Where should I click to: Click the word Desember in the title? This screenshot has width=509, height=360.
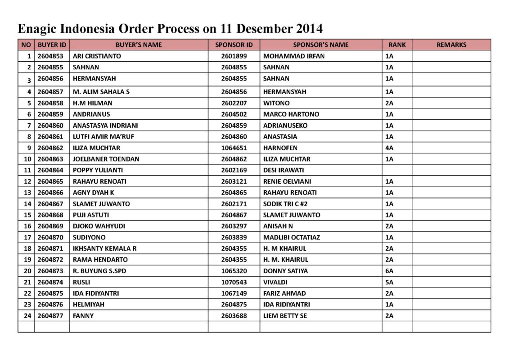[264, 29]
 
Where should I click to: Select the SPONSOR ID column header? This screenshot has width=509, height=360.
[234, 45]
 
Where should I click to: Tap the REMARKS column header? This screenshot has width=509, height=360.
[451, 45]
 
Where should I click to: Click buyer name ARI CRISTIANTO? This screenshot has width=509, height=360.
[97, 56]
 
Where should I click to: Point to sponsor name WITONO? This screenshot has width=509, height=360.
[276, 103]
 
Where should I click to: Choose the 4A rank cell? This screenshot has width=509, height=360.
[389, 148]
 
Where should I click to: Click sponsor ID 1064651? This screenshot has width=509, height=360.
[234, 148]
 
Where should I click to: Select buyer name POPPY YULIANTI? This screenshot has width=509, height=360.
[98, 170]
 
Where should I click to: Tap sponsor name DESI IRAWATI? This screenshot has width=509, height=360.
[284, 170]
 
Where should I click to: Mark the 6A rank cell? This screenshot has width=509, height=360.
[389, 271]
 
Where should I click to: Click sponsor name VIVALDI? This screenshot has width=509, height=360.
[275, 282]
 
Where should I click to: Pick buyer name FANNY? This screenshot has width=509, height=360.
[83, 316]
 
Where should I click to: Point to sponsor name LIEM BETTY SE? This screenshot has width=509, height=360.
[285, 316]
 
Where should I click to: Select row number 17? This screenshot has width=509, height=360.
[27, 237]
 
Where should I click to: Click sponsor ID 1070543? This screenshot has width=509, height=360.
[234, 282]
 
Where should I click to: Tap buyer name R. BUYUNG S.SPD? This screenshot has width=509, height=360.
[96, 271]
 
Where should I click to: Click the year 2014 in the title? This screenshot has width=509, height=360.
[310, 29]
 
